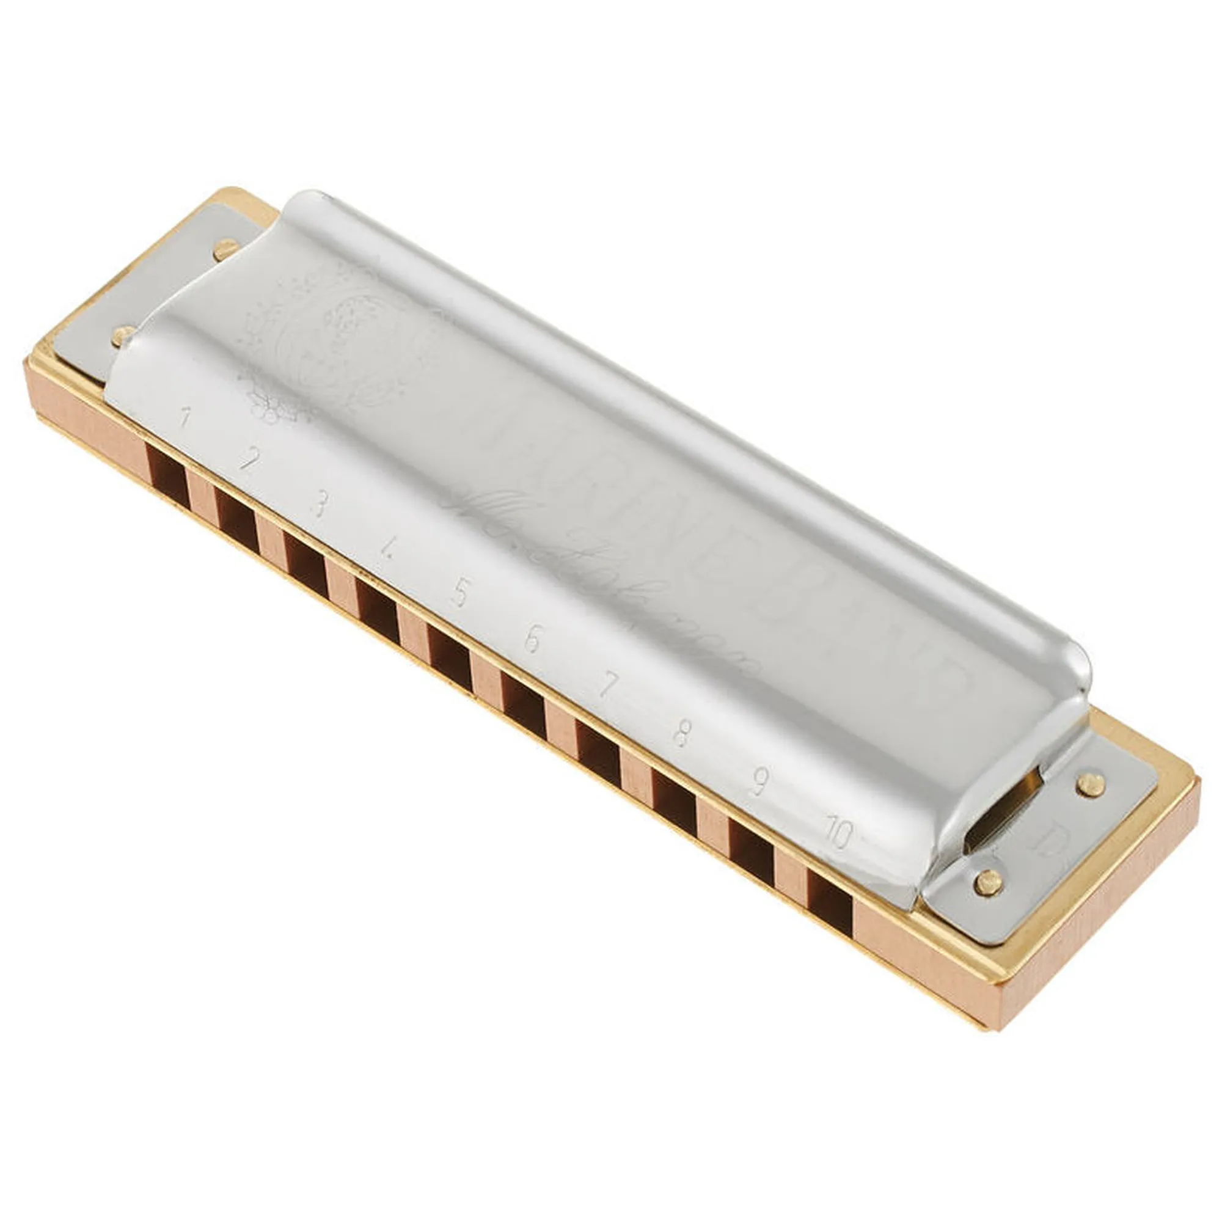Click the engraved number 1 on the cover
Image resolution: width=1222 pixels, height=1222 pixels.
click(x=185, y=418)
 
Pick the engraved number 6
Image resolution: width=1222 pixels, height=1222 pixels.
click(x=533, y=640)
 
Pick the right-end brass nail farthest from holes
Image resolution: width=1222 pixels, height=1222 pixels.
click(x=1089, y=782)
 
